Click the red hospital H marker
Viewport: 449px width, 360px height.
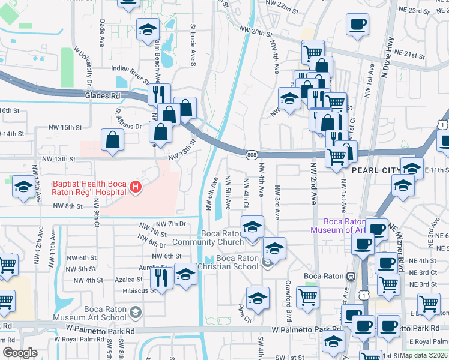(x=136, y=188)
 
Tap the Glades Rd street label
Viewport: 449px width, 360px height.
(x=102, y=95)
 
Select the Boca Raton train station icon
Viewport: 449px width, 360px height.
(x=351, y=276)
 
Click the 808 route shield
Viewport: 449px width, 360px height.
(x=251, y=155)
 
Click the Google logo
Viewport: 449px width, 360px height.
(x=20, y=353)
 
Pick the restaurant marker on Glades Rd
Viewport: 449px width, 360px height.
(x=159, y=94)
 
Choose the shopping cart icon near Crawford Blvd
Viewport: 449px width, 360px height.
(x=307, y=296)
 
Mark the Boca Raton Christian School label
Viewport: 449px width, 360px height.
(x=237, y=262)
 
